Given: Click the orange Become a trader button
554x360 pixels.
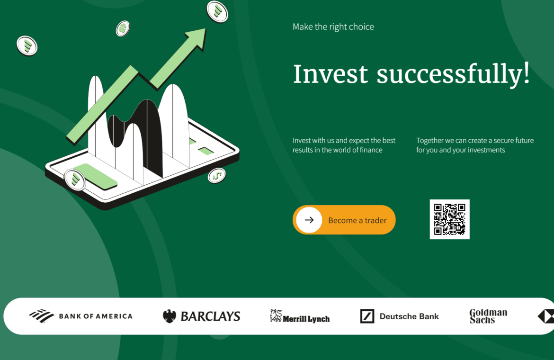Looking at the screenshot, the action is [x=344, y=220].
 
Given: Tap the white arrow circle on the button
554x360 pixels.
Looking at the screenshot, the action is [x=309, y=220].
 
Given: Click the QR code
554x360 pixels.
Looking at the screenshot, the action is [x=449, y=219].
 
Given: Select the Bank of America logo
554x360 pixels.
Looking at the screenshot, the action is [x=81, y=316].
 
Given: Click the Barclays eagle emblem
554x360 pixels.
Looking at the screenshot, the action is [x=169, y=316].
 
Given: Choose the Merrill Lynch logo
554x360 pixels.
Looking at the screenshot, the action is [x=300, y=316].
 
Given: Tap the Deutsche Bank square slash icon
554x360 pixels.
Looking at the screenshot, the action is [x=367, y=316].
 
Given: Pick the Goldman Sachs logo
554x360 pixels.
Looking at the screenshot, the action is [x=488, y=316].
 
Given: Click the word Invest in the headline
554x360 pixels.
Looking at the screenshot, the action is [x=331, y=74].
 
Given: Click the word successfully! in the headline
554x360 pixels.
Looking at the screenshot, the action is [x=453, y=74].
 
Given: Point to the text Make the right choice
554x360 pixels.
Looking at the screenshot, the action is [x=333, y=27].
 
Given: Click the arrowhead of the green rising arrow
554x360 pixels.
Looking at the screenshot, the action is [x=196, y=38].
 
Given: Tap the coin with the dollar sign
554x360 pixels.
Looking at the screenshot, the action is [x=216, y=176].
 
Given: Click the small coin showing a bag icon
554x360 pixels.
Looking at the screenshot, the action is [x=123, y=28].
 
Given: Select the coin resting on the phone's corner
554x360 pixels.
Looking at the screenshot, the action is [x=74, y=180].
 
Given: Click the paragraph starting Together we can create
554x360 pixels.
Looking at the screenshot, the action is [x=475, y=145].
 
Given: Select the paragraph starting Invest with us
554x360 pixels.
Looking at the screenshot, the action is [x=344, y=145].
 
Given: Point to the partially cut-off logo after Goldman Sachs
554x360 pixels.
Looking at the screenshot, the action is [x=546, y=316].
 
